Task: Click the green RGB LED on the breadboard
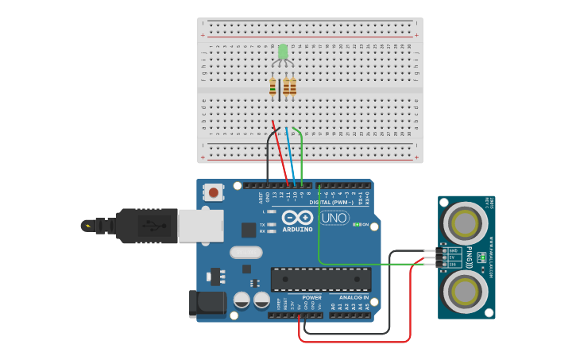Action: pyautogui.click(x=282, y=52)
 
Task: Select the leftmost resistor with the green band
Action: pyautogui.click(x=273, y=87)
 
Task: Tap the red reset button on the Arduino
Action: pyautogui.click(x=214, y=192)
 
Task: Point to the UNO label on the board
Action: pyautogui.click(x=334, y=218)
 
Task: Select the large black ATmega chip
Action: pyautogui.click(x=321, y=279)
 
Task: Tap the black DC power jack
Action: pyautogui.click(x=202, y=304)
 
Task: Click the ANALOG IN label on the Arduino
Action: pyautogui.click(x=350, y=297)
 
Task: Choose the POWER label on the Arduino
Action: pyautogui.click(x=311, y=297)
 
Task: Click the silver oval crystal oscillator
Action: pyautogui.click(x=245, y=252)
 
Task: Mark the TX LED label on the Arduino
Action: pyautogui.click(x=262, y=224)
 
